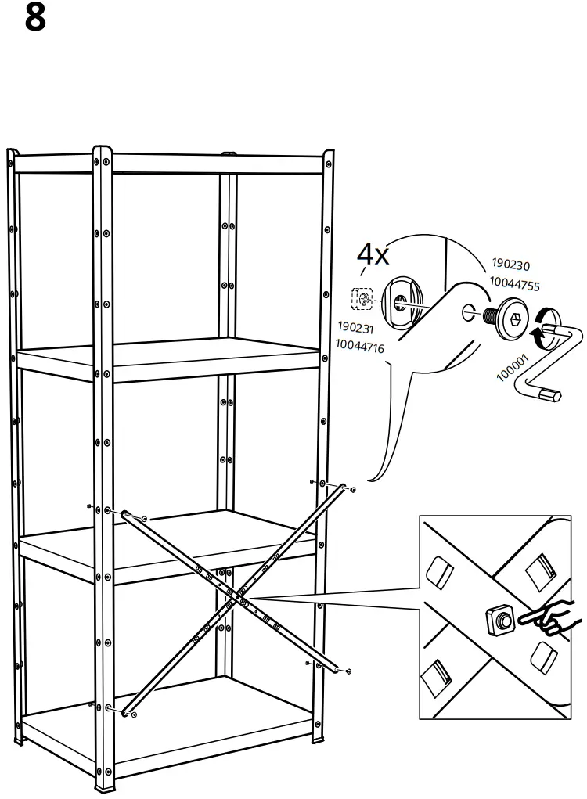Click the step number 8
point(35,17)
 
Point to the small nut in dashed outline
point(362,297)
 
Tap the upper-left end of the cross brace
point(126,513)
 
